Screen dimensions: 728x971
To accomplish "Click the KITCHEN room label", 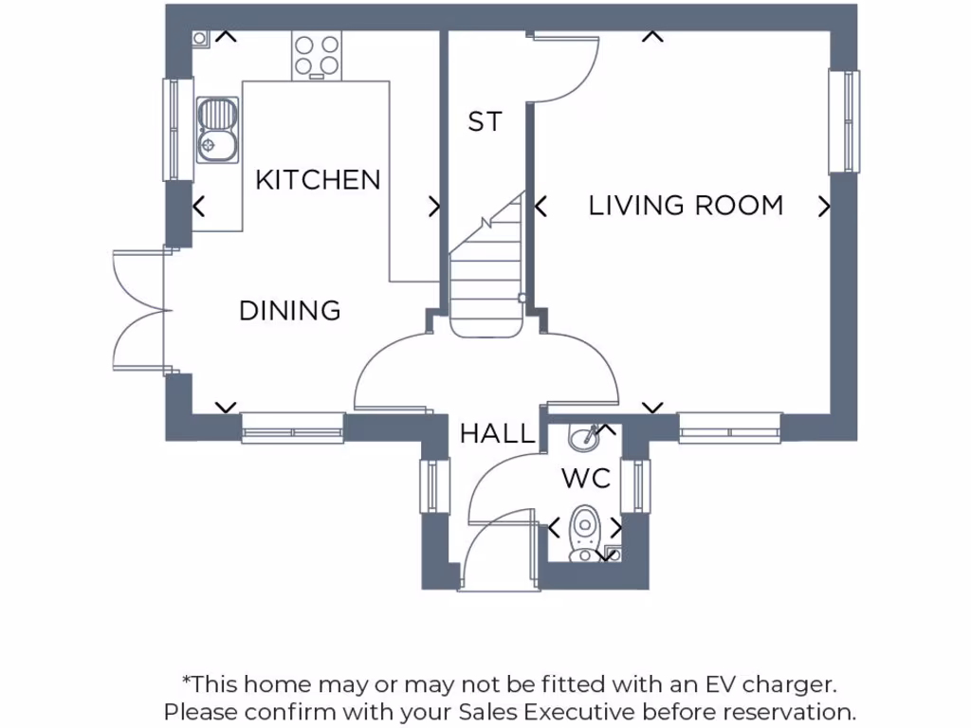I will click(318, 179).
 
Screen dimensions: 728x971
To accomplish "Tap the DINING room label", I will click(289, 310).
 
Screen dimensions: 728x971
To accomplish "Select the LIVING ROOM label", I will click(686, 205).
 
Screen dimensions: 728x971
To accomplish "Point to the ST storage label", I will click(485, 121).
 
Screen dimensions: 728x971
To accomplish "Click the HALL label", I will click(497, 434).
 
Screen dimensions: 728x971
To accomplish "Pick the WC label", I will click(586, 478).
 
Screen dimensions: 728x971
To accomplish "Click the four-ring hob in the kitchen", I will click(317, 55).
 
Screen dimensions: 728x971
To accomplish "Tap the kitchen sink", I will click(217, 130).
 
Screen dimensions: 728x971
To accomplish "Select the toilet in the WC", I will click(583, 531).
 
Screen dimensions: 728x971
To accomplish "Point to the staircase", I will click(486, 275).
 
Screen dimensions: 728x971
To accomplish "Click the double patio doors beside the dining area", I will click(139, 310).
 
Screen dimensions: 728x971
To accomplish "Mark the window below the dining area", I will click(292, 428).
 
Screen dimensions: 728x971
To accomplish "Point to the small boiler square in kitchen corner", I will click(200, 38).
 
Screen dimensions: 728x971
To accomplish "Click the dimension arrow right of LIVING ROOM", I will click(824, 206).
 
